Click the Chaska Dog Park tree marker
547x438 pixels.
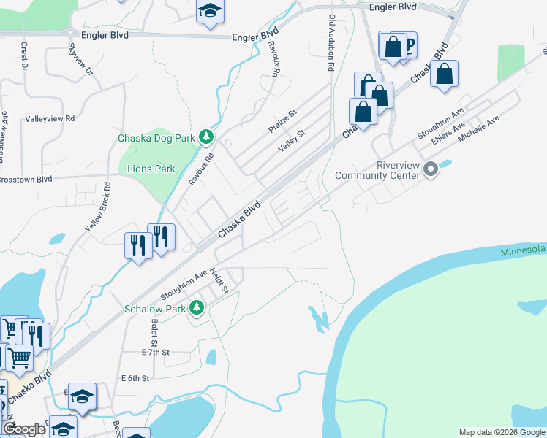[x=207, y=137]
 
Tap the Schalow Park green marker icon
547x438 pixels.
[x=196, y=309]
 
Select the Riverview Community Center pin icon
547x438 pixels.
[x=431, y=169]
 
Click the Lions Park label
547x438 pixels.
[x=151, y=169]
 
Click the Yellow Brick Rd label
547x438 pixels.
[x=99, y=207]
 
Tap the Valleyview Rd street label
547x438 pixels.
[x=50, y=118]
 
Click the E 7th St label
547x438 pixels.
[x=156, y=352]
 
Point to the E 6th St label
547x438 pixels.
[x=135, y=378]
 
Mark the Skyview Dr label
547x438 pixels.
[x=80, y=59]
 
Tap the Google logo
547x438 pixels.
[x=24, y=429]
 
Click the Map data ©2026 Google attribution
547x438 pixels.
[x=501, y=432]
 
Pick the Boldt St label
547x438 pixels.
[x=154, y=332]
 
